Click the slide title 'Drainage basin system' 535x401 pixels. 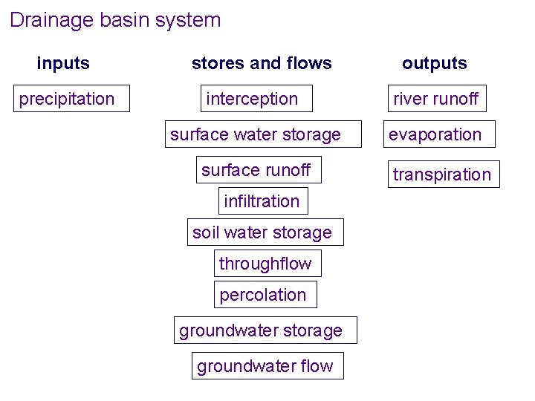coord(115,20)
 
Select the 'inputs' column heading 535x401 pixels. coord(63,63)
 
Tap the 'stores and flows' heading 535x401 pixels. coord(262,63)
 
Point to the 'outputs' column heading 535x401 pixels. coord(435,63)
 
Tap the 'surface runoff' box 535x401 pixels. coord(259,169)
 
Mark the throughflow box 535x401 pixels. coord(266,264)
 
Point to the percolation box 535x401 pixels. coord(265,295)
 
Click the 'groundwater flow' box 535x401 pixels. coord(267,365)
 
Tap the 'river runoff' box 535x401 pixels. coord(436,99)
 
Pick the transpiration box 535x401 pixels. coord(442,175)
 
